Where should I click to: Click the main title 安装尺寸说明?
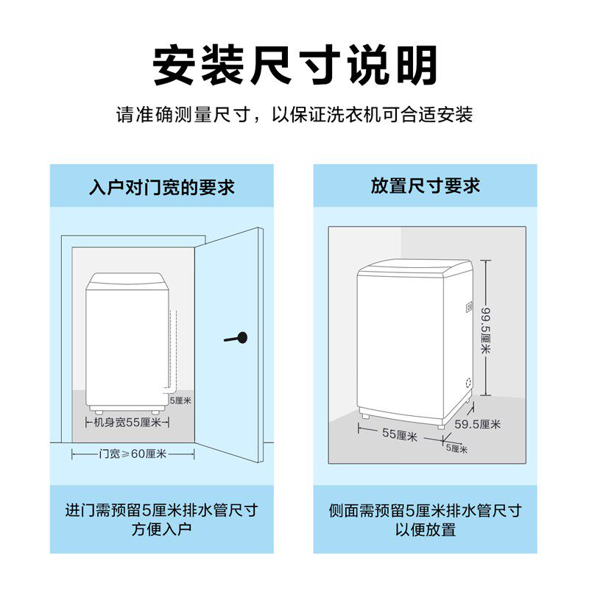[x=294, y=66]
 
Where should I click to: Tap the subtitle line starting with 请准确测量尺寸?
[x=294, y=116]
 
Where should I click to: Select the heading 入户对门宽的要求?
[x=161, y=186]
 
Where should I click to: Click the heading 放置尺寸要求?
[x=425, y=186]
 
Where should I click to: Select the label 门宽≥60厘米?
[x=133, y=454]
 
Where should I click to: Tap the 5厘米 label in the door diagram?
[x=180, y=401]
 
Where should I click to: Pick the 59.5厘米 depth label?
[x=477, y=424]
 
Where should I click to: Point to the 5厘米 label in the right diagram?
[x=456, y=448]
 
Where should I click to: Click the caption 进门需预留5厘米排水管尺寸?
[x=161, y=509]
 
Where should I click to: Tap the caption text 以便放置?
[x=425, y=529]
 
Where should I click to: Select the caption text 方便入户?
[x=161, y=529]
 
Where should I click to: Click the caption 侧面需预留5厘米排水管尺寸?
[x=425, y=509]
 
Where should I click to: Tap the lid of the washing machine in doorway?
[x=124, y=281]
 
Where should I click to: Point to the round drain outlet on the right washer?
[x=466, y=383]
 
